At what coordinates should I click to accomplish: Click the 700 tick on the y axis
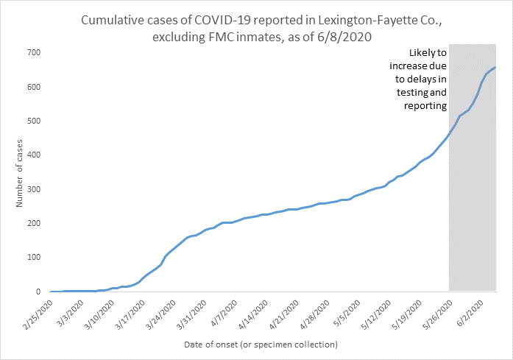tap(33, 53)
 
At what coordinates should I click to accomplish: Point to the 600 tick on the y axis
tap(33, 87)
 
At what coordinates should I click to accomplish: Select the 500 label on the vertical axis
tap(33, 121)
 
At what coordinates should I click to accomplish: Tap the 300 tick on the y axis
tap(33, 189)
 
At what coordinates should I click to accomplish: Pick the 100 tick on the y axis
tap(33, 258)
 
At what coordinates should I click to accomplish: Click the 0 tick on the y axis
tap(38, 292)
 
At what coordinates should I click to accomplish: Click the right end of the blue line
tap(495, 68)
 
